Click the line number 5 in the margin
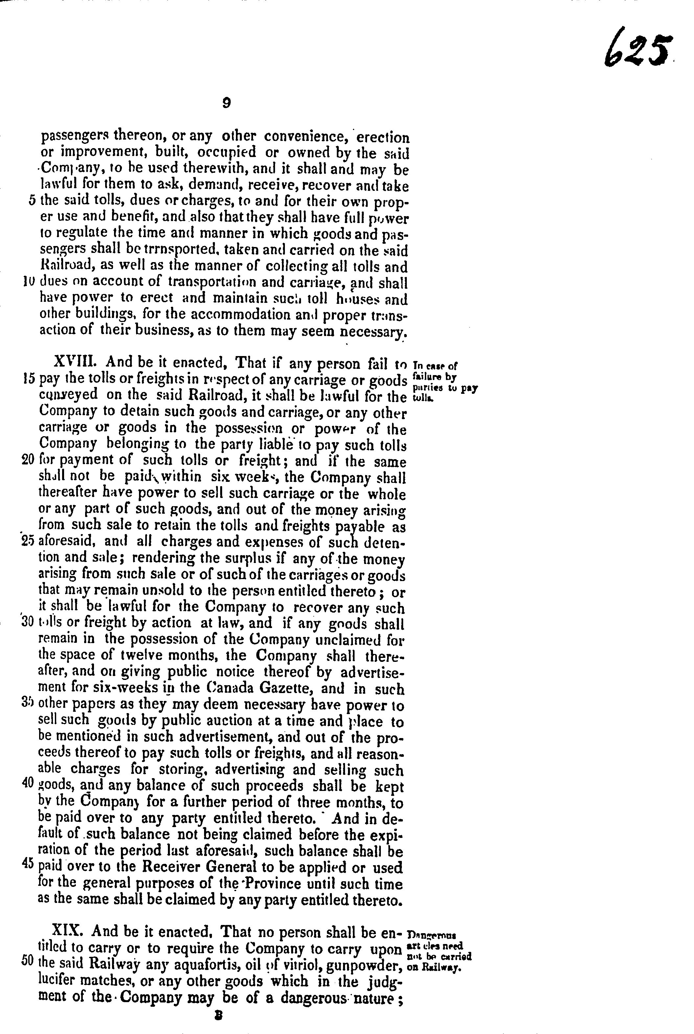32,200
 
